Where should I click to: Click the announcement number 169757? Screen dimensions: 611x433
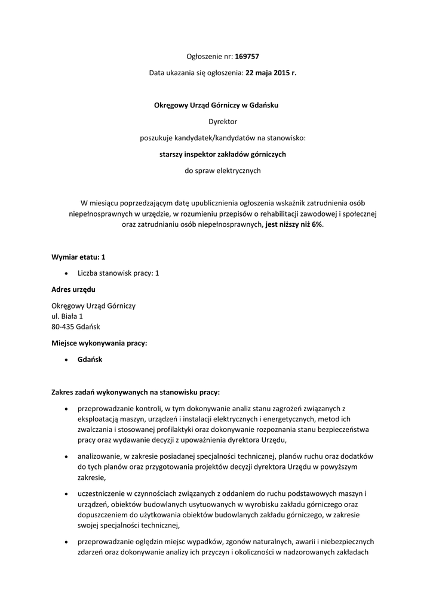pos(247,57)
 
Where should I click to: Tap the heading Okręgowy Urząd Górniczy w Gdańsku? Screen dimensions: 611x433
pos(217,106)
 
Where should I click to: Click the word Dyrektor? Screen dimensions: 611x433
pos(216,122)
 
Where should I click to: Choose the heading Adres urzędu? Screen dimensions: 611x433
pos(73,289)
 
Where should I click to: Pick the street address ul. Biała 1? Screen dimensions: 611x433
pos(67,316)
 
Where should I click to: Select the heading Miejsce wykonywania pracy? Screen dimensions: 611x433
pos(99,343)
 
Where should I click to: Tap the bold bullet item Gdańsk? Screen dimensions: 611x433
pos(90,360)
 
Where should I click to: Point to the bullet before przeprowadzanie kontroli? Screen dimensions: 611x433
pos(66,409)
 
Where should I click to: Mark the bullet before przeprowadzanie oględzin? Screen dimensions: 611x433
pos(66,541)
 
